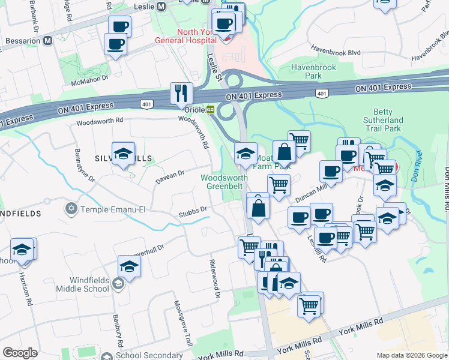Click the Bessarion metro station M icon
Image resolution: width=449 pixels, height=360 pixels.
click(47, 40)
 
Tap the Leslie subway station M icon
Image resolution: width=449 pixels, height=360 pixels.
click(160, 7)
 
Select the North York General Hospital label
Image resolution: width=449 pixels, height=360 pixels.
click(184, 36)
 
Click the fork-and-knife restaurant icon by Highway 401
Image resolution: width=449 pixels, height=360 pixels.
click(181, 93)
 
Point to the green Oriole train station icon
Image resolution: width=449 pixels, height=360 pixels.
click(211, 110)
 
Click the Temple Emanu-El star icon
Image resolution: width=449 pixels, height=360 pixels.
click(71, 209)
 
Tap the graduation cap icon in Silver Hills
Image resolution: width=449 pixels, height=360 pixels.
click(123, 154)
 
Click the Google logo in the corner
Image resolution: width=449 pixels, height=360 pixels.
click(20, 353)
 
